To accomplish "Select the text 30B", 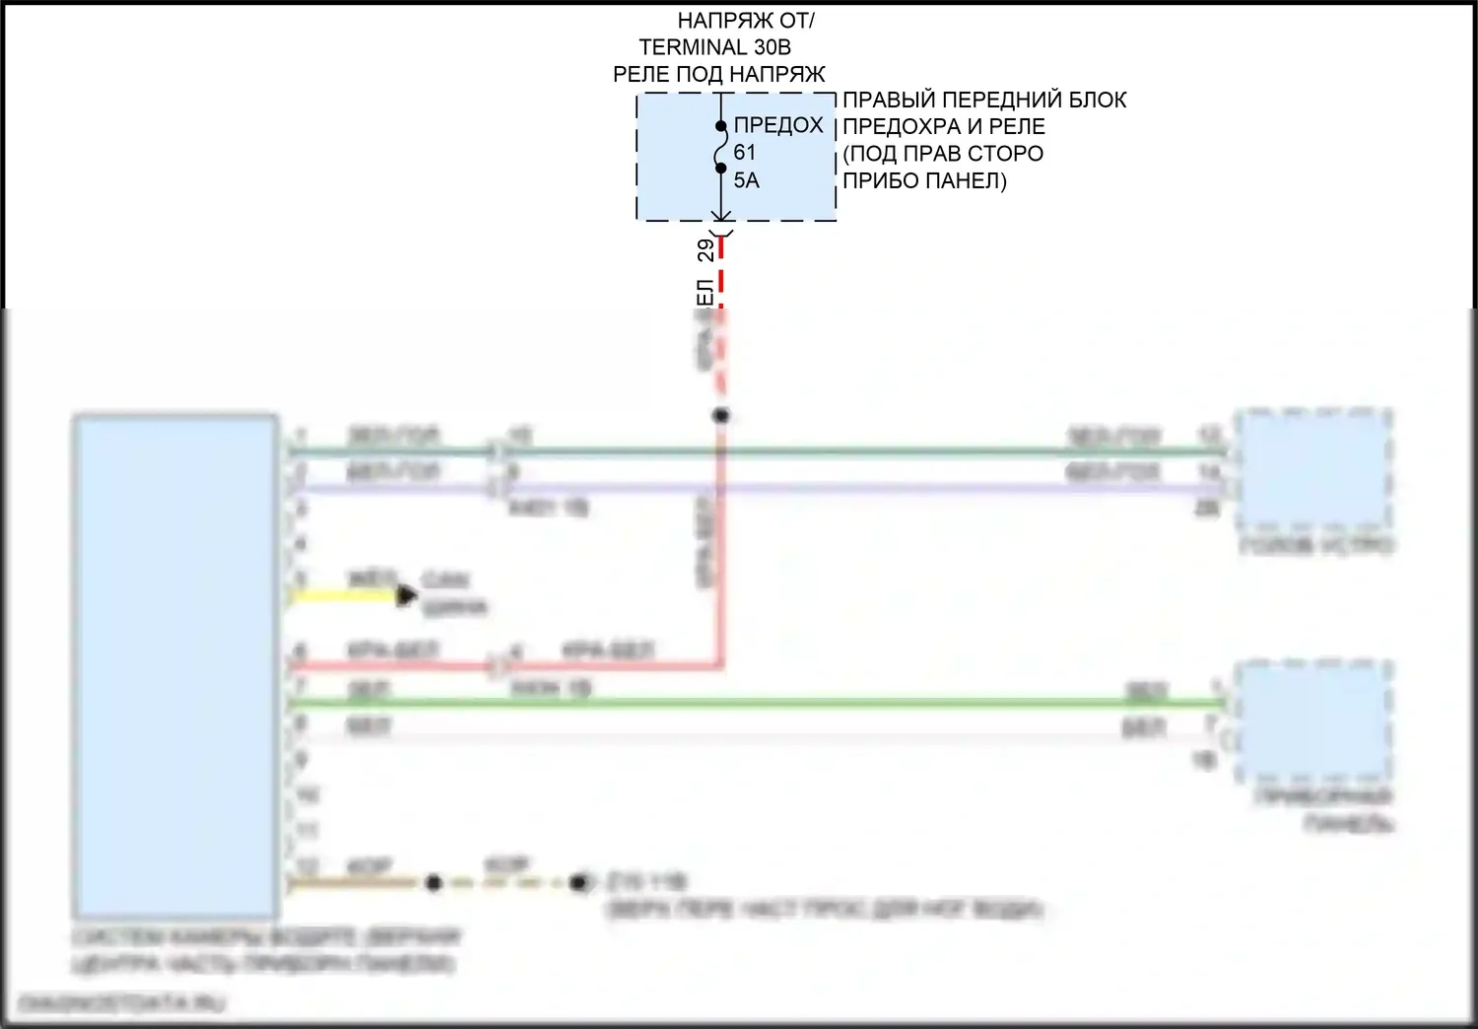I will [x=772, y=47].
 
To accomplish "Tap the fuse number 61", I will [x=744, y=153].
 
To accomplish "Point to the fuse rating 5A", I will [x=746, y=180].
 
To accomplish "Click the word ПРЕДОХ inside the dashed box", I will [x=778, y=125].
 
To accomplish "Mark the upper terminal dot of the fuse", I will [x=721, y=126].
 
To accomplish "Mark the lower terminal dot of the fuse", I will [x=721, y=169].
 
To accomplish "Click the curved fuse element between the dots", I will [x=722, y=148].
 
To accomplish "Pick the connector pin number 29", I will [x=705, y=250].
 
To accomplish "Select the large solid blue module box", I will [x=175, y=666].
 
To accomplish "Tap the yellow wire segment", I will [x=345, y=595].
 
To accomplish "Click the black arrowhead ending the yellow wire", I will [x=406, y=595].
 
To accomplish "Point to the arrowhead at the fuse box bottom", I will [x=721, y=216].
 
